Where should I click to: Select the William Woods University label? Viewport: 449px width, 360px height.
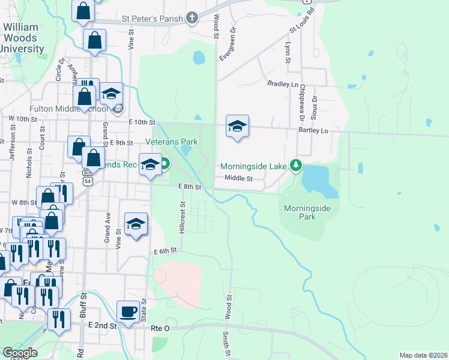[23, 38]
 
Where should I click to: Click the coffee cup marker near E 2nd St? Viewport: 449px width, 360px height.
[127, 312]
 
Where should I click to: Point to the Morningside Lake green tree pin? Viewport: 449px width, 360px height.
[295, 164]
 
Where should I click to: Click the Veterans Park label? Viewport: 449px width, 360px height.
[172, 142]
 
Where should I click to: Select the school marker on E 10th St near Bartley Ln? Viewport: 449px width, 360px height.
[238, 127]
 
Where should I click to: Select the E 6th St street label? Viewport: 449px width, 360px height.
[166, 250]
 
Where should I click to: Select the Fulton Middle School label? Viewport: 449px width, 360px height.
[68, 109]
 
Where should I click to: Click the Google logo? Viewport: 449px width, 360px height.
[20, 353]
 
